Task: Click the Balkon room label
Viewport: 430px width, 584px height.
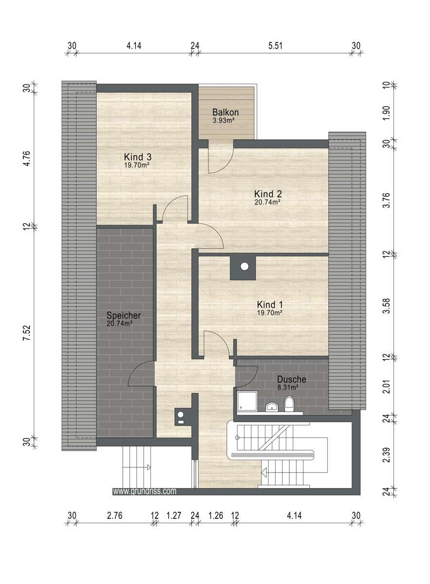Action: pyautogui.click(x=225, y=112)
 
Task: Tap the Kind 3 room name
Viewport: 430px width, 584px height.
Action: pyautogui.click(x=138, y=157)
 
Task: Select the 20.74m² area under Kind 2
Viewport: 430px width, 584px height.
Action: pyautogui.click(x=267, y=201)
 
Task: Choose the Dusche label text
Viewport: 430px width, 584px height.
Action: pyautogui.click(x=292, y=380)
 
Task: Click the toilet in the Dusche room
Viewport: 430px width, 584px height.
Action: pyautogui.click(x=289, y=404)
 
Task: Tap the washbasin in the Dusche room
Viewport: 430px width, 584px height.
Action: pyautogui.click(x=271, y=406)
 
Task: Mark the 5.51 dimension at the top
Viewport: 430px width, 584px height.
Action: pyautogui.click(x=276, y=46)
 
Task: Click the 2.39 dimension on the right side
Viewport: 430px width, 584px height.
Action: pyautogui.click(x=387, y=454)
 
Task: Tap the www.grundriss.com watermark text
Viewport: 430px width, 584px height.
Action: pyautogui.click(x=145, y=492)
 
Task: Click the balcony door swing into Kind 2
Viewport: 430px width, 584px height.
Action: pyautogui.click(x=220, y=158)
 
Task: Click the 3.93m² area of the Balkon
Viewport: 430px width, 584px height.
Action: pyautogui.click(x=224, y=120)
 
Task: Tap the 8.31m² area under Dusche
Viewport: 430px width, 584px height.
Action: pyautogui.click(x=288, y=387)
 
